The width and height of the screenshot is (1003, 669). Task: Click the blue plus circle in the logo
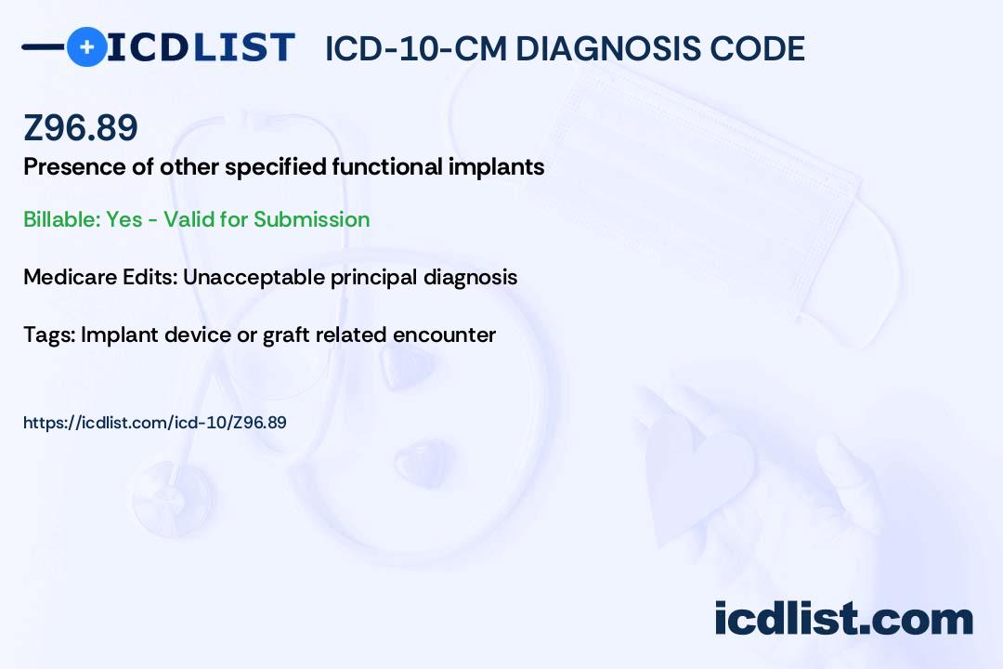tap(86, 47)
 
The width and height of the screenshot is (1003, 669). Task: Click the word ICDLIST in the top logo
tap(201, 47)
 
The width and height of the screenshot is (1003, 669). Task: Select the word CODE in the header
tap(758, 48)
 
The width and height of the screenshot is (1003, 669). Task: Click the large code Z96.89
tap(81, 127)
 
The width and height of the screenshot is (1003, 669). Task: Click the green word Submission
tap(311, 219)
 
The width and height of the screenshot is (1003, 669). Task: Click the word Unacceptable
tap(254, 277)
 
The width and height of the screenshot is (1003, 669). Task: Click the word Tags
tap(49, 334)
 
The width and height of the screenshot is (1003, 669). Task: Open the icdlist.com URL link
tap(155, 423)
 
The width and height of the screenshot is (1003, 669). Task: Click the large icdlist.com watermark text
tap(843, 619)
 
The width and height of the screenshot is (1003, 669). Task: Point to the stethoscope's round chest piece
tap(173, 499)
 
